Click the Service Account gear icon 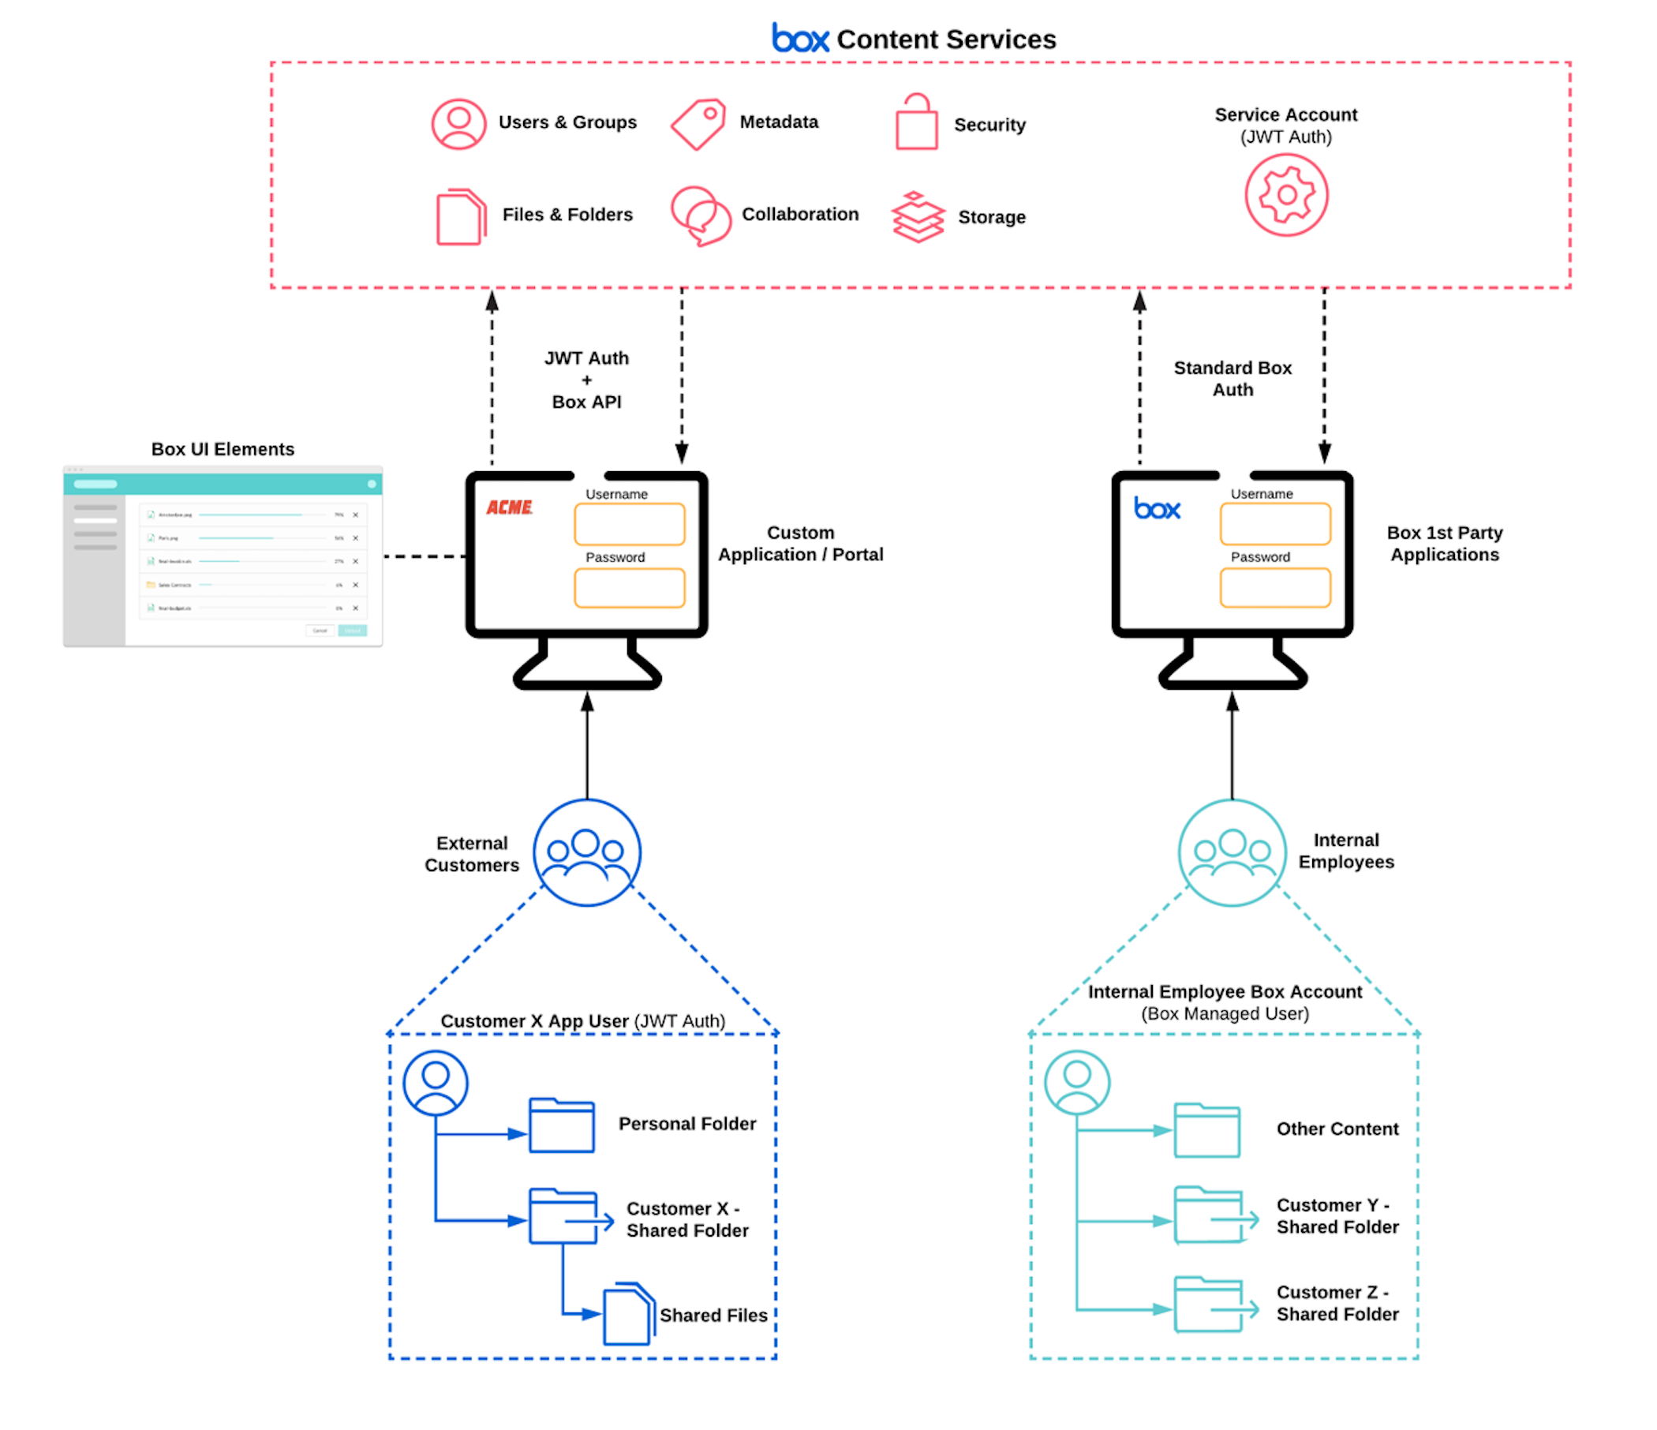pos(1286,195)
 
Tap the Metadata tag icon pos(698,124)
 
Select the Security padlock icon pos(915,123)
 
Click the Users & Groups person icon pos(458,124)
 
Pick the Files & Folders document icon pos(461,217)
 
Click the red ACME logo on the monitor pos(510,507)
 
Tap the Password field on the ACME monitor pos(630,588)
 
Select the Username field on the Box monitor pos(1275,524)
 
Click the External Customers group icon pos(586,852)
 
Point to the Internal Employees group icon pos(1232,852)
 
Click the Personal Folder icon pos(561,1125)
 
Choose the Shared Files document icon pos(629,1314)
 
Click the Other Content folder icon pos(1206,1130)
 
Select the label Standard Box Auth pos(1232,378)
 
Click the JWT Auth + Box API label pos(586,380)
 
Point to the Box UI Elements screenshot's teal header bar pos(223,484)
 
